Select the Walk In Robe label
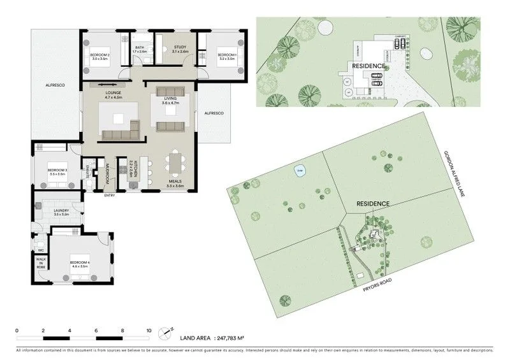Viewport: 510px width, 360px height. [x=40, y=263]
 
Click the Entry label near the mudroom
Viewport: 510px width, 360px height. [x=110, y=195]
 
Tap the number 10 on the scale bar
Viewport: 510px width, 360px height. [x=149, y=331]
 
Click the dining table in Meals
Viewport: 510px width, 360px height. [x=174, y=163]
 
